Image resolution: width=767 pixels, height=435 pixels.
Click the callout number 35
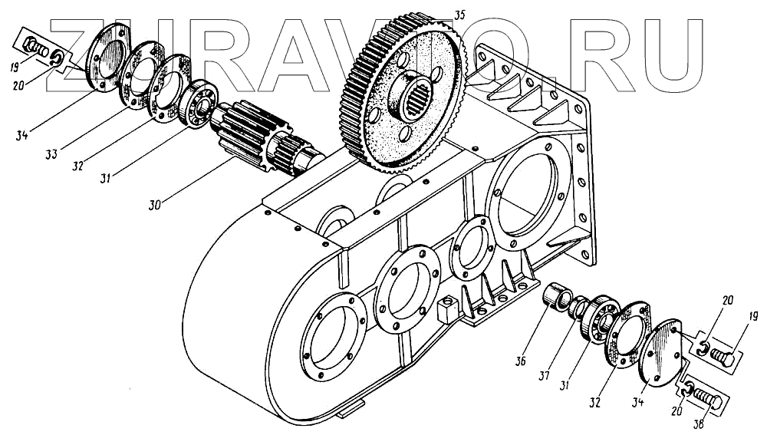tap(459, 14)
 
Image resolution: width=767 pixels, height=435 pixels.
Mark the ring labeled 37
tap(580, 307)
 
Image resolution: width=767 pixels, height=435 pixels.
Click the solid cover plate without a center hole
tap(664, 353)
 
